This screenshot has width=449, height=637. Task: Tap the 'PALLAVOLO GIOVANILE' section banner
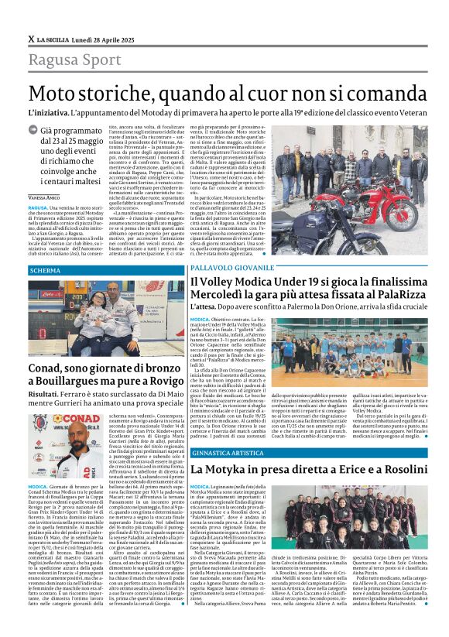(x=232, y=266)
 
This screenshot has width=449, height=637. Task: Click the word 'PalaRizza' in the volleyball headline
(x=396, y=297)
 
